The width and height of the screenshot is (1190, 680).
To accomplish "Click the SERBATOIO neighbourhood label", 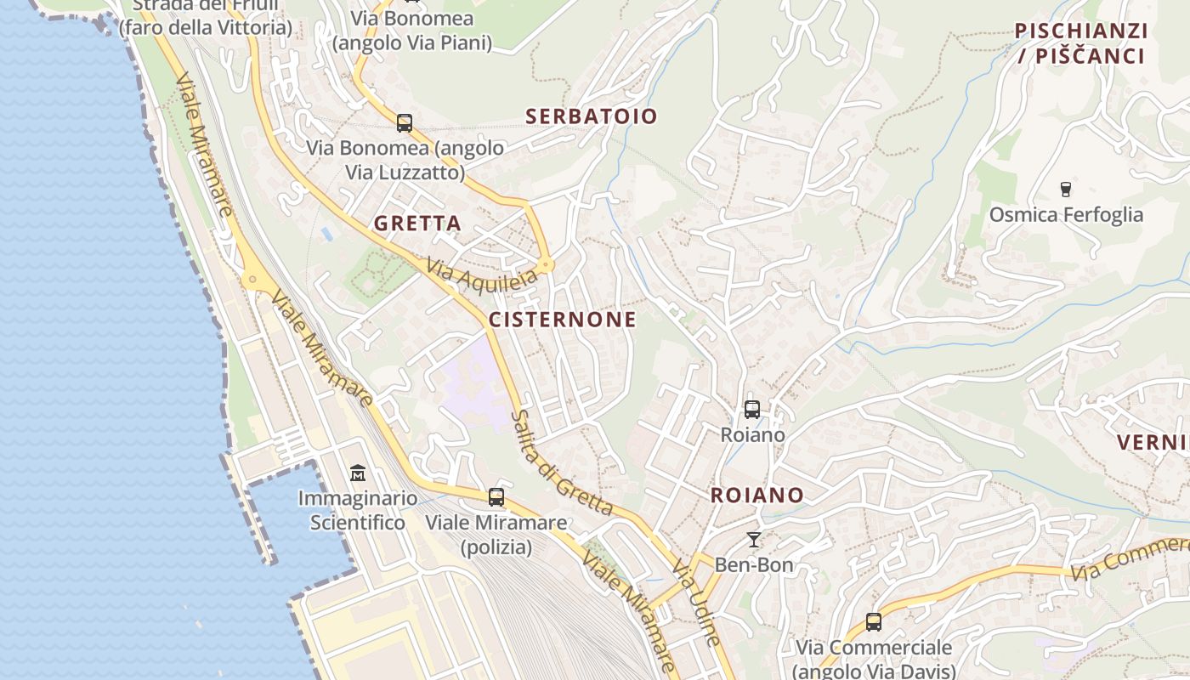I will pyautogui.click(x=592, y=116).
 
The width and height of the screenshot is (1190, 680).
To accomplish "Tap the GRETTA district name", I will pyautogui.click(x=417, y=224).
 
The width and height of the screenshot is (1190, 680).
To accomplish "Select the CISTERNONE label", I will pyautogui.click(x=562, y=320).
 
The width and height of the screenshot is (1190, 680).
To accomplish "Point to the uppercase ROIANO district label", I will pyautogui.click(x=756, y=496).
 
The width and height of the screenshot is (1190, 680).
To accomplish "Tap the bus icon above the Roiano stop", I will pyautogui.click(x=752, y=410).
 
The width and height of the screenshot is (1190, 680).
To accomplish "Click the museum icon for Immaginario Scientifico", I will pyautogui.click(x=358, y=473).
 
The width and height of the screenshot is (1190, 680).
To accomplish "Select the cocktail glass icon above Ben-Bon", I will pyautogui.click(x=753, y=539).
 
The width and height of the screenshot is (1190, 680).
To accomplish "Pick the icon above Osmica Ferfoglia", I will pyautogui.click(x=1066, y=189).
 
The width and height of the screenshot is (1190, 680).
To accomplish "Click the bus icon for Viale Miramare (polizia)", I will pyautogui.click(x=496, y=497).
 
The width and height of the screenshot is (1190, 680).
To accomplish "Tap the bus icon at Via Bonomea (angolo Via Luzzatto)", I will pyautogui.click(x=405, y=123).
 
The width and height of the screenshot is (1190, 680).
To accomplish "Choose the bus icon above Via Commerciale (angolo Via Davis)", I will pyautogui.click(x=874, y=622).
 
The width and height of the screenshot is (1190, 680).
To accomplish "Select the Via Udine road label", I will pyautogui.click(x=696, y=602).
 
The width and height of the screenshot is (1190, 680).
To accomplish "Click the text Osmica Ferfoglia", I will pyautogui.click(x=1066, y=215).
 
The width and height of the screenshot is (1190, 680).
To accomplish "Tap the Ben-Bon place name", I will pyautogui.click(x=753, y=565).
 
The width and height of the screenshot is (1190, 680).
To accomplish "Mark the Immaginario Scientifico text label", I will pyautogui.click(x=357, y=510).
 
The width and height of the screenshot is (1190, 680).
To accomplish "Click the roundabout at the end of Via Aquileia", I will pyautogui.click(x=547, y=265).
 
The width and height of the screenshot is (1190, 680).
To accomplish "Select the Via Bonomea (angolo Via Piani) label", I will pyautogui.click(x=412, y=31).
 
